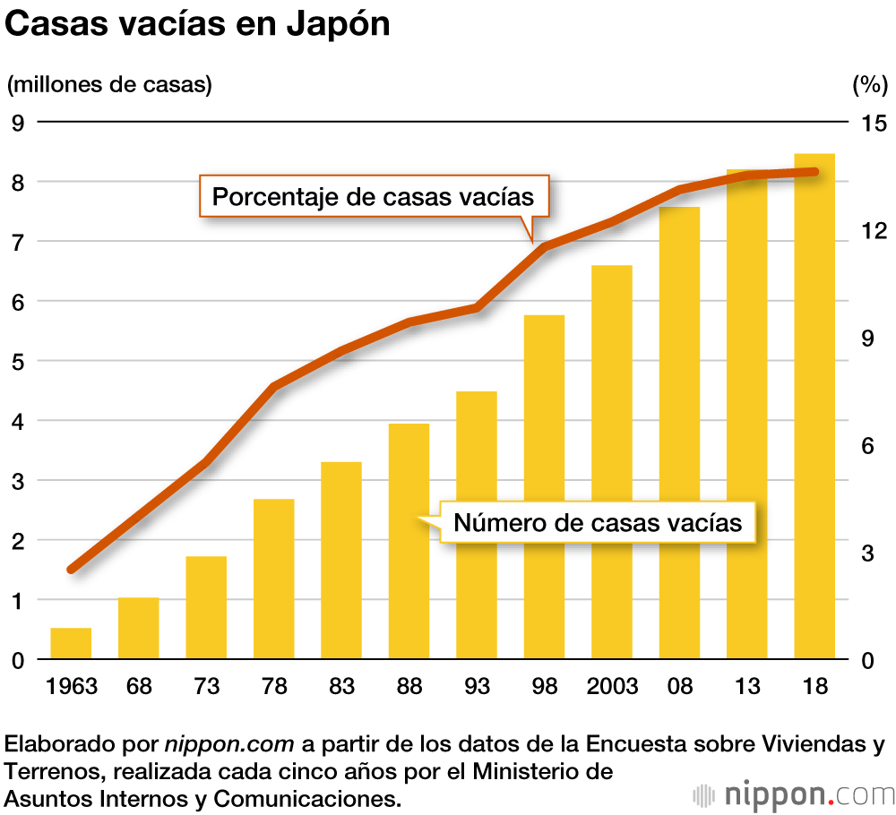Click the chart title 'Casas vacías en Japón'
pos(198,25)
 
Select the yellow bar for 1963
pos(71,644)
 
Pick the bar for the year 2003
pos(612,462)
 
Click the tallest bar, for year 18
pos(814,407)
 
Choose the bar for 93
pos(477,525)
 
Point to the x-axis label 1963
pos(71,687)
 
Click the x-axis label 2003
pos(612,687)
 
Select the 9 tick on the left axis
pos(17,123)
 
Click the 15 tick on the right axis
pos(872,123)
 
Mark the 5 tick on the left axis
pos(17,362)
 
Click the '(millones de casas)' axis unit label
pos(109,85)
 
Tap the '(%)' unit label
pos(867,85)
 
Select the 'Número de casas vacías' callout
pos(598,522)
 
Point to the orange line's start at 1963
pos(72,569)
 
